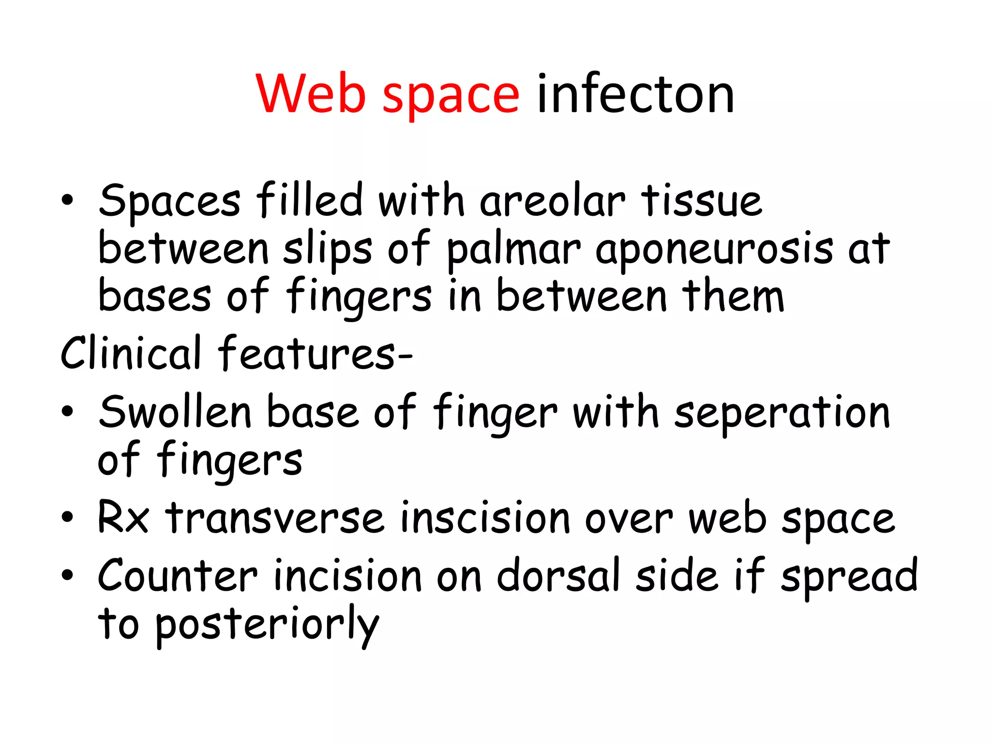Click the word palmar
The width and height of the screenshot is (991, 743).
[513, 250]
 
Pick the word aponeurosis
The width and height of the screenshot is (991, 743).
[714, 250]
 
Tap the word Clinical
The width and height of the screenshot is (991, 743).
[131, 353]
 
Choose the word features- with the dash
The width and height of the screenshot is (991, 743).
[315, 353]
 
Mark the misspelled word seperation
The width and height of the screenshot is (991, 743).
[782, 412]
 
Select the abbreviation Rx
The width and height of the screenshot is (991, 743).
[123, 518]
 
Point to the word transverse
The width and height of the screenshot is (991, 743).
[275, 518]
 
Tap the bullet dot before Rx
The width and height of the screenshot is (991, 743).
[67, 518]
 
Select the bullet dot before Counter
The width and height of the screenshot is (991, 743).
[67, 575]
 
